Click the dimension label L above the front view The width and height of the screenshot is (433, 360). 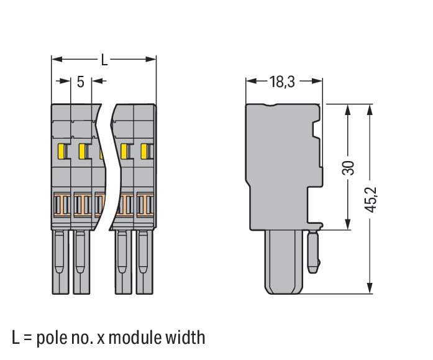[104, 60]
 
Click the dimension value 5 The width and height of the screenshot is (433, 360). [81, 81]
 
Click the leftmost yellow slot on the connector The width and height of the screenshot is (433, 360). [62, 151]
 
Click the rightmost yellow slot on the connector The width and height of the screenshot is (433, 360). [145, 151]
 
